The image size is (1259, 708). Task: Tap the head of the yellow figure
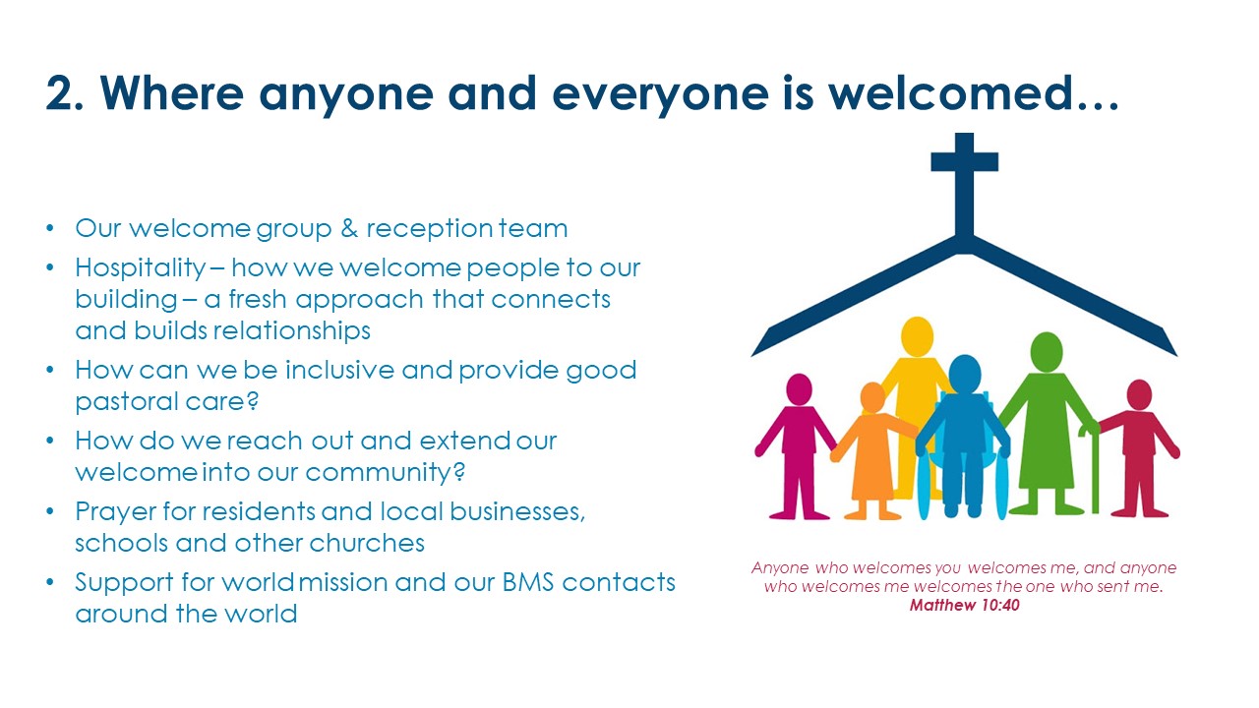[918, 336]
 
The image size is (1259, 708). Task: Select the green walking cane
[1092, 469]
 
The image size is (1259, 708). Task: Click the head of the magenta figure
[799, 389]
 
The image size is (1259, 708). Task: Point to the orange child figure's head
[872, 397]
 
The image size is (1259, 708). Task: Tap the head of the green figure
[1047, 352]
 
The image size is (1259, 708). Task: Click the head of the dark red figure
[1139, 394]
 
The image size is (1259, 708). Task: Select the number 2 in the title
[61, 93]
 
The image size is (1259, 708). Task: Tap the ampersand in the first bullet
[349, 229]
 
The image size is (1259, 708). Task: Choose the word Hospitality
[141, 268]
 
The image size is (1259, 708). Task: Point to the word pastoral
[135, 402]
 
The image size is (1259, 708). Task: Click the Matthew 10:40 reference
[965, 605]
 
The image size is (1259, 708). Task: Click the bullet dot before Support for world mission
[50, 581]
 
